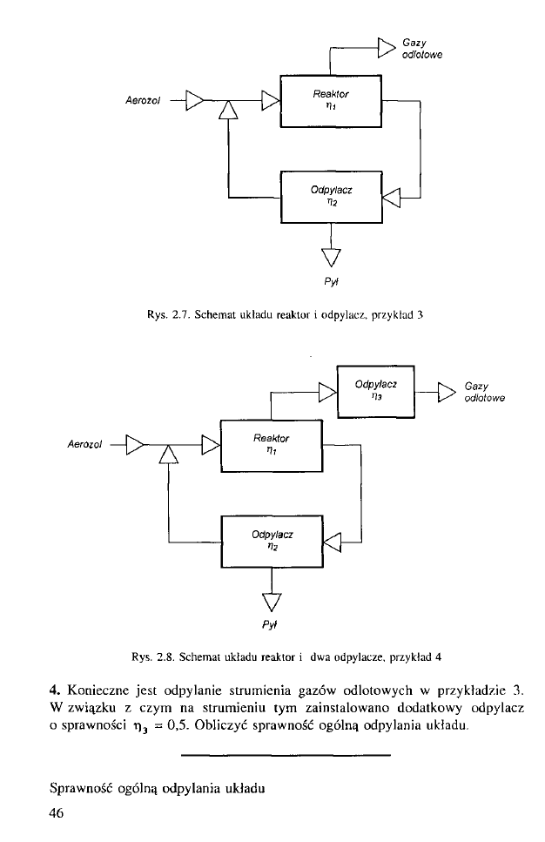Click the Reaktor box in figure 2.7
tap(331, 102)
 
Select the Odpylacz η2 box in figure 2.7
tap(331, 197)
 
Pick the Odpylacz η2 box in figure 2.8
tap(272, 542)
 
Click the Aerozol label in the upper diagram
tap(142, 102)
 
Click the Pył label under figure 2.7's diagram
tap(332, 281)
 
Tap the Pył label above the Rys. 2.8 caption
tap(273, 624)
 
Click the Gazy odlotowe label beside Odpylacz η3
tap(485, 393)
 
